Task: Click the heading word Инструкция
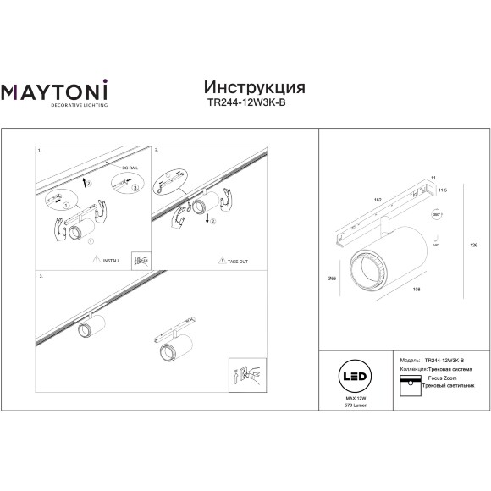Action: pos(255,87)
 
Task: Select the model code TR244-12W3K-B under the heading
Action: pos(255,104)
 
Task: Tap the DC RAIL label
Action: pos(118,169)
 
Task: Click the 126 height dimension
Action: pos(474,244)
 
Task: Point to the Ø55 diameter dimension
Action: pos(331,277)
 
